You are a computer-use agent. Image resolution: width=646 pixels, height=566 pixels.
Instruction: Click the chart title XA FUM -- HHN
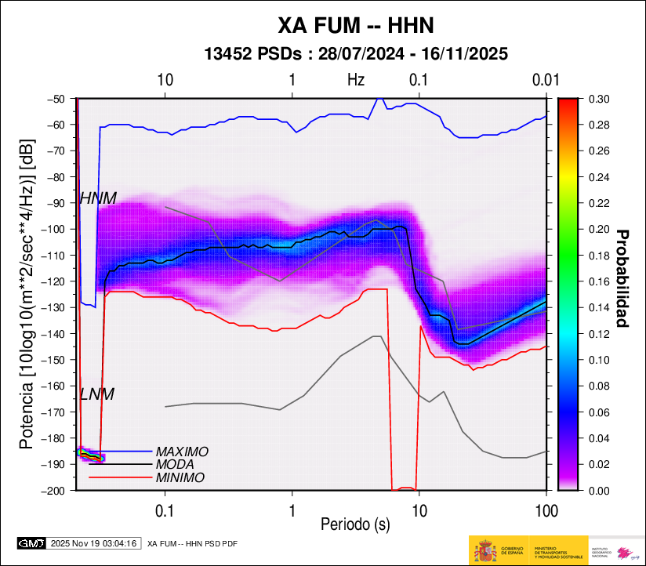pos(356,27)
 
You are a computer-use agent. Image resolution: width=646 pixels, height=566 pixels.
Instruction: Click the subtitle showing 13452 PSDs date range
pos(356,54)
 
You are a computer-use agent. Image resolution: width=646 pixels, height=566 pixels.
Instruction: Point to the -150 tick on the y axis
pos(56,360)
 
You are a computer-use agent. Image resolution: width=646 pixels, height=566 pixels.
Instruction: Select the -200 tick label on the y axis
pos(56,491)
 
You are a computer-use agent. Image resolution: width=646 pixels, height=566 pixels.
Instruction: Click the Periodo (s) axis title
pos(355,522)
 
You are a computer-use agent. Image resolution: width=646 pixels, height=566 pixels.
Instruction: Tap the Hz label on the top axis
pos(356,80)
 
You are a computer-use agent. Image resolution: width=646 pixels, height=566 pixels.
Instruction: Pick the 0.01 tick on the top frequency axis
pos(544,80)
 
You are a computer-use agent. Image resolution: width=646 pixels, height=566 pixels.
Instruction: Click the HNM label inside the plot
pos(98,199)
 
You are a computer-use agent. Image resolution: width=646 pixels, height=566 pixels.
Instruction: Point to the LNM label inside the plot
pos(97,395)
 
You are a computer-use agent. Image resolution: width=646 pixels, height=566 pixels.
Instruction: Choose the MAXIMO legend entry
pos(182,452)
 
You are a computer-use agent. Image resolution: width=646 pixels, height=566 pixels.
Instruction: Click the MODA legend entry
pos(175,465)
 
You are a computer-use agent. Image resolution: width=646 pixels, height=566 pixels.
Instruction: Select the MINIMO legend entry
pos(180,477)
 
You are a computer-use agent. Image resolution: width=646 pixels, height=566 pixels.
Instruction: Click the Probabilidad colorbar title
pos(622,278)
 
